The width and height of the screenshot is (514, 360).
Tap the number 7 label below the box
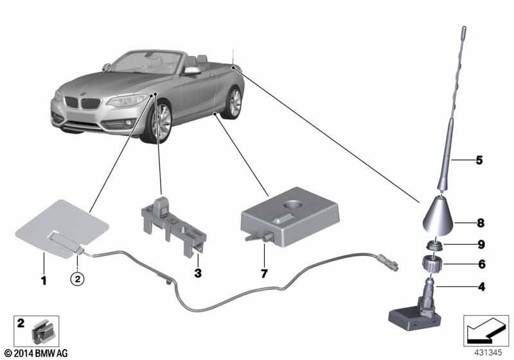click(x=264, y=273)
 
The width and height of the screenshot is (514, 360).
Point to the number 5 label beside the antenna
click(x=479, y=160)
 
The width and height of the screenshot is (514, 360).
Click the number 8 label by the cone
click(x=479, y=224)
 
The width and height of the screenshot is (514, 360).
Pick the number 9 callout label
click(x=479, y=244)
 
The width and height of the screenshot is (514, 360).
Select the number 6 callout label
click(x=479, y=264)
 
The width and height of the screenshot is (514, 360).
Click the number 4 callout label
click(x=479, y=287)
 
